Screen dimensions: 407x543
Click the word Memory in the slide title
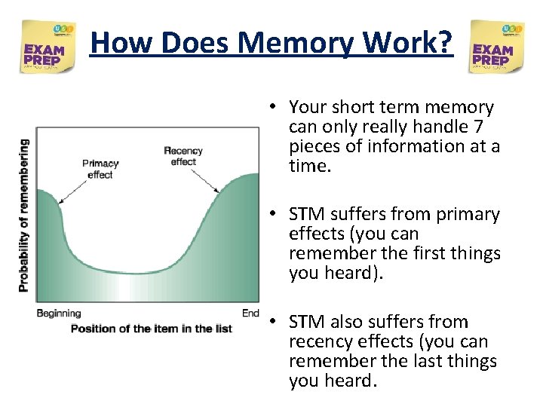[x=288, y=43]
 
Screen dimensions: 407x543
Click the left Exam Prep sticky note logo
[x=48, y=47]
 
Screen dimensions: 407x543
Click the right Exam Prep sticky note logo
[x=495, y=47]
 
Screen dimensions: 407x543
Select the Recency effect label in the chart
[x=183, y=156]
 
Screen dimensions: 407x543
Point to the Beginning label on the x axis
[x=58, y=313]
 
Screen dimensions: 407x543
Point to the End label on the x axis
[x=250, y=313]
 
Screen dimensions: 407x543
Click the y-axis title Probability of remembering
[x=24, y=216]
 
